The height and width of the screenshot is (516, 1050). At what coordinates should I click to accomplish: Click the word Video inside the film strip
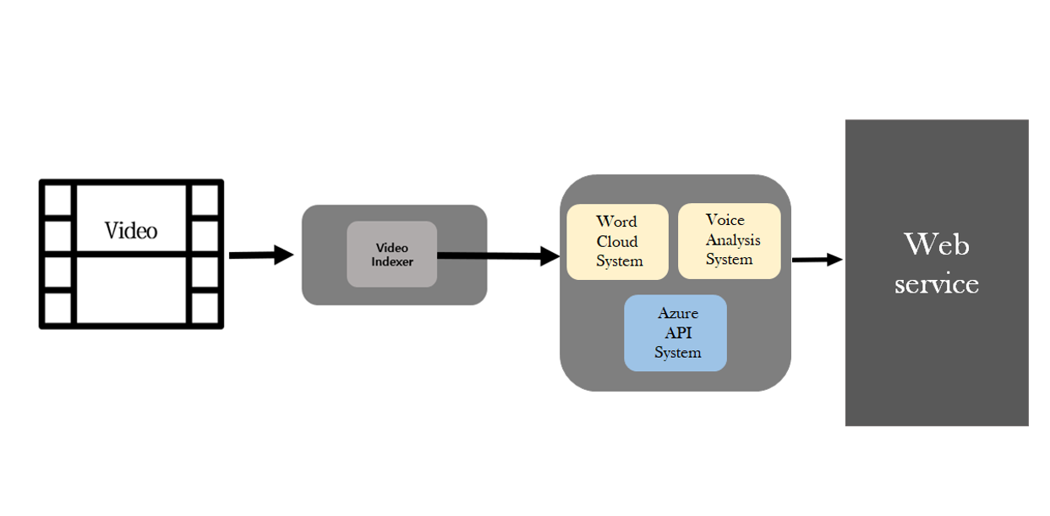tap(131, 230)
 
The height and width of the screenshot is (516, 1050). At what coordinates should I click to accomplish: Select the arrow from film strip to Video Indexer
tap(260, 255)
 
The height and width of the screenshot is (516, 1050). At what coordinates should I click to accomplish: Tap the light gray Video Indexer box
tap(391, 254)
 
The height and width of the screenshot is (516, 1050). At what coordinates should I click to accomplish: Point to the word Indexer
tap(391, 261)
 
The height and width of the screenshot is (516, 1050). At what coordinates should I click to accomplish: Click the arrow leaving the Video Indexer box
tap(499, 256)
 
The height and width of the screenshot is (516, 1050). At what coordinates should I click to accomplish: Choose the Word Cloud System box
tap(618, 242)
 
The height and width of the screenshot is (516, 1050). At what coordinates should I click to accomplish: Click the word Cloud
tap(617, 241)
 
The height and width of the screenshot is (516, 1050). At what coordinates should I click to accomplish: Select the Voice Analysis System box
tap(730, 241)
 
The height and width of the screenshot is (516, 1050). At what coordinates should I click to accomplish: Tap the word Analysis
tap(733, 239)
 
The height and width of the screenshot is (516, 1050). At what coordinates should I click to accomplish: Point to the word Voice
tap(725, 220)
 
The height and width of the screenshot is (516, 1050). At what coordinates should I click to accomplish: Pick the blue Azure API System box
tap(675, 333)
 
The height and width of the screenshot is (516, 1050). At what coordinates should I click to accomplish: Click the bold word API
tap(678, 332)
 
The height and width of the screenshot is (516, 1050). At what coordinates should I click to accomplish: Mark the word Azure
tap(678, 313)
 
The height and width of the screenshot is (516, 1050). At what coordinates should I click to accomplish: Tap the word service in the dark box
tap(937, 283)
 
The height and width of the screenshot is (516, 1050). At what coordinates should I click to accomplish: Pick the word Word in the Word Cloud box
tap(616, 222)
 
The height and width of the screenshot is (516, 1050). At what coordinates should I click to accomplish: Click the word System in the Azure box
tap(677, 353)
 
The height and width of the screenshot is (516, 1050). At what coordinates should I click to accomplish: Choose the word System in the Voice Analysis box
tap(729, 260)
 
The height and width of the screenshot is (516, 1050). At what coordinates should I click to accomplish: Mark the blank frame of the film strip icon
tap(131, 289)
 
